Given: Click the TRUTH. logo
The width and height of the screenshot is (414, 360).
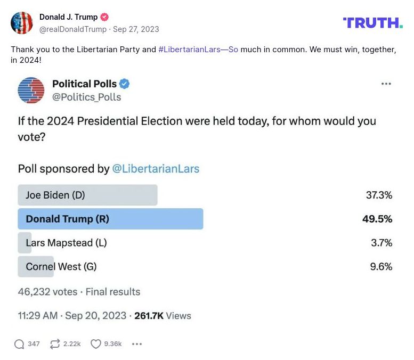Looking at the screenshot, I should [373, 22].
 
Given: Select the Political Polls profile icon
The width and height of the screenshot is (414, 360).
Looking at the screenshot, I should [31, 90].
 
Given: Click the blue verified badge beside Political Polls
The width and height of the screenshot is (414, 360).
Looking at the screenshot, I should [125, 84].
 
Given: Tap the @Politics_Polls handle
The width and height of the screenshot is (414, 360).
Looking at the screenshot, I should [86, 97].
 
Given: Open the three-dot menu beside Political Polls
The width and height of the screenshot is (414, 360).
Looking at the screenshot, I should [386, 84].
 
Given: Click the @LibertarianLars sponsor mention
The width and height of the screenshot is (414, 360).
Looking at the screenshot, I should [156, 169].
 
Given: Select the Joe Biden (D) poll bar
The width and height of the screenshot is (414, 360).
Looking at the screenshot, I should [87, 195].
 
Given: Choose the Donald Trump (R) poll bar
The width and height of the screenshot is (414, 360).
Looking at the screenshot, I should [110, 219].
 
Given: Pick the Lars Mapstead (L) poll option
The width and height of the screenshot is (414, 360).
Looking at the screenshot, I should [66, 243].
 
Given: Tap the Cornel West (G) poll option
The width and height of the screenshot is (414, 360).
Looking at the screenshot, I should [61, 266].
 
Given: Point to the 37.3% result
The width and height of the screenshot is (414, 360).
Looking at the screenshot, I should [379, 195].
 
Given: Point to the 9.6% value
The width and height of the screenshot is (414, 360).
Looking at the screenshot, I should [381, 266].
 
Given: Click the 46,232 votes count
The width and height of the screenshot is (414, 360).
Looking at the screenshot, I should [47, 292].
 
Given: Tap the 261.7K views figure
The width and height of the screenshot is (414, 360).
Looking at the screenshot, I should [149, 316].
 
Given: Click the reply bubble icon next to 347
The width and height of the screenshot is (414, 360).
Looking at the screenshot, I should [19, 344].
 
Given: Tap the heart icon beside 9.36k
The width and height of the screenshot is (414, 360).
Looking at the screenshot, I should [96, 344].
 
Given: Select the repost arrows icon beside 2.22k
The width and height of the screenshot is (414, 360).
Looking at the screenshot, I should [55, 344].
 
